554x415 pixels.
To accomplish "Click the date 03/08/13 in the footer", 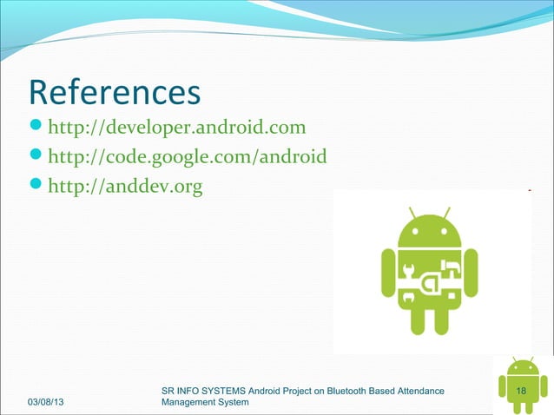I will click(x=51, y=402).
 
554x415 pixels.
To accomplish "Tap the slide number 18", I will click(x=522, y=392).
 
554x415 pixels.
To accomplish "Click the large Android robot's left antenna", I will click(x=410, y=212).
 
